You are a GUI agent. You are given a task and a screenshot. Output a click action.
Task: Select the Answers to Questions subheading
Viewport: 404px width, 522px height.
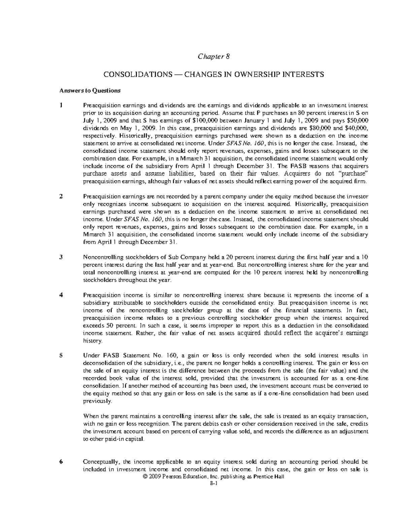90,90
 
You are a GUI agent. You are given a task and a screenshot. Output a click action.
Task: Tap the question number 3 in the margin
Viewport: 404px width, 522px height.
61,257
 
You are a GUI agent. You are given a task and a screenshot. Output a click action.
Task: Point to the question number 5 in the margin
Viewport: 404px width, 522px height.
61,355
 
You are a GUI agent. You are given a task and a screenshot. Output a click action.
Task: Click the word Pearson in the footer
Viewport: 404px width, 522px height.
175,477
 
